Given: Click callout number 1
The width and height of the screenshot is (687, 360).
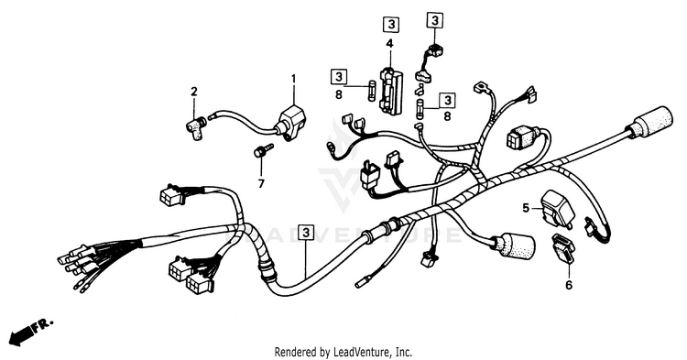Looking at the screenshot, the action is tap(293, 80).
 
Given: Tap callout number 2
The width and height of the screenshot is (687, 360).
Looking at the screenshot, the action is tap(193, 92).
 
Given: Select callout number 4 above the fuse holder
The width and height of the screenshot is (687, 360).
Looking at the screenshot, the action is tap(389, 43).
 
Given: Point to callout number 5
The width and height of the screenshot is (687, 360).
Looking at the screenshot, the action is tap(526, 208).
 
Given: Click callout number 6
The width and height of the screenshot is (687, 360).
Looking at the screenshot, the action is tap(569, 285).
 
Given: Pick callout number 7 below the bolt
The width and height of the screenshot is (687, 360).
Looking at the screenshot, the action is tap(261, 184).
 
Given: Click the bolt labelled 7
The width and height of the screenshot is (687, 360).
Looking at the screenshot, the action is tap(263, 150).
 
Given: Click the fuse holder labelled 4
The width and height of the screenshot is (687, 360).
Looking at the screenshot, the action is tap(392, 90).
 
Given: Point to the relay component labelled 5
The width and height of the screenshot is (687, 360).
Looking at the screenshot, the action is tap(556, 209).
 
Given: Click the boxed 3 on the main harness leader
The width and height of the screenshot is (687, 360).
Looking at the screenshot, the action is tap(306, 233).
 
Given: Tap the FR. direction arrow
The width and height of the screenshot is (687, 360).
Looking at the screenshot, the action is tap(30, 331).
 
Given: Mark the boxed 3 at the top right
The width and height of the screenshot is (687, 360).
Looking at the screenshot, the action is tap(434, 20).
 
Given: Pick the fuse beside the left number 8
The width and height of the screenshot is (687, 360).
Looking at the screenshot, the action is tap(372, 91).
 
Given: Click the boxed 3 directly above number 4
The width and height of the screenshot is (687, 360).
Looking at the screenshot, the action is tap(391, 25).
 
